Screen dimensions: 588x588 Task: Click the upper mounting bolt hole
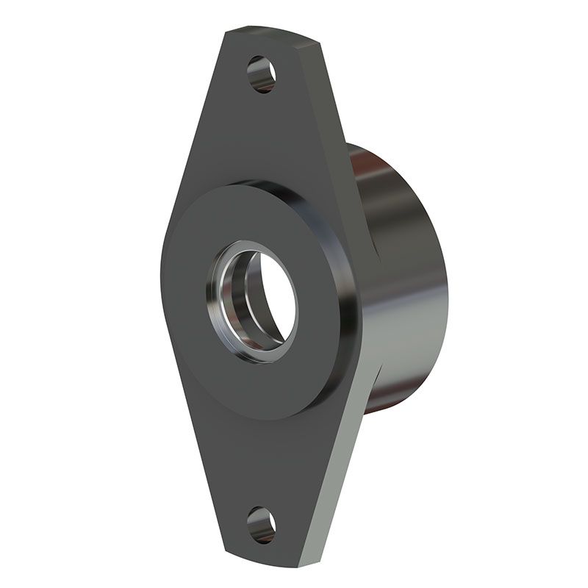pyautogui.click(x=262, y=73)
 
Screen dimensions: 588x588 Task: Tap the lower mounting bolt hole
pyautogui.click(x=261, y=524)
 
